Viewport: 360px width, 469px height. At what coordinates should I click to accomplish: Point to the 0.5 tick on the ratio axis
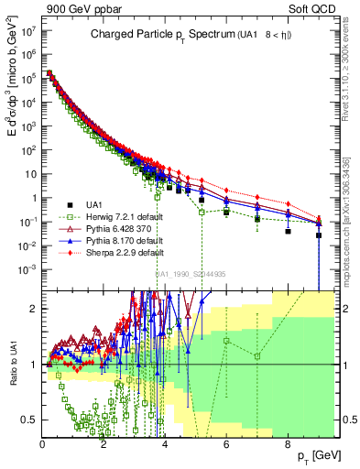click(31, 420)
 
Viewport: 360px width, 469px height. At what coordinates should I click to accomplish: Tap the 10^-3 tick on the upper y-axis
click(28, 268)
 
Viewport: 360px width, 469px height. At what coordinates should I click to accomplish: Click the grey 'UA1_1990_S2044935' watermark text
click(191, 274)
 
